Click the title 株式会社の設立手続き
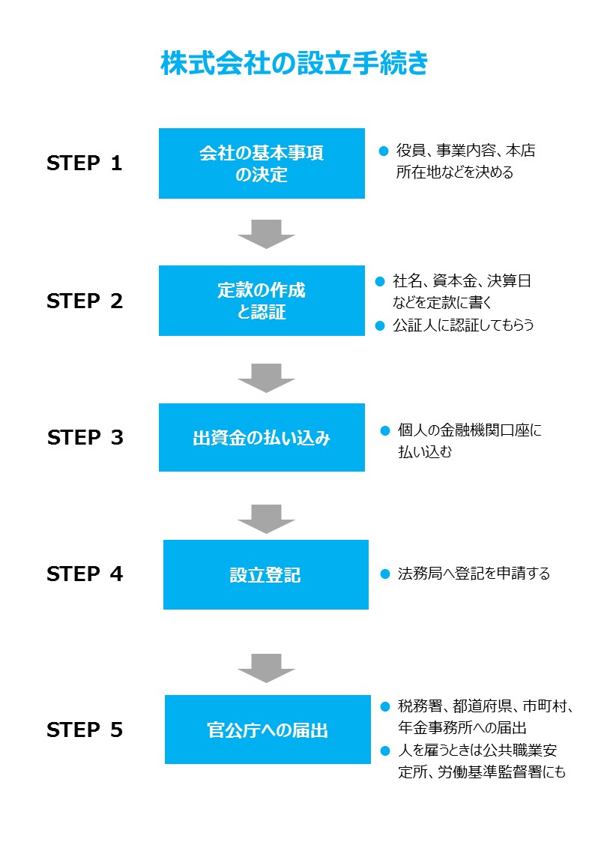tap(295, 64)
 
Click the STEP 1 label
tap(84, 163)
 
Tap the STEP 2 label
tap(84, 301)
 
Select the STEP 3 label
tap(85, 438)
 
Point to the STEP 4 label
tap(84, 574)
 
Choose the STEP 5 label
tap(84, 730)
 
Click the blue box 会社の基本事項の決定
tap(262, 163)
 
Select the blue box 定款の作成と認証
tap(262, 301)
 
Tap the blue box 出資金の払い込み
tap(262, 438)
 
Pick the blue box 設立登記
tap(265, 574)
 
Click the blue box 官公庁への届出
tap(268, 730)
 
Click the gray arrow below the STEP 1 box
tap(266, 233)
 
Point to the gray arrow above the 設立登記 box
tap(266, 519)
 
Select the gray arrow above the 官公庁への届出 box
tap(266, 667)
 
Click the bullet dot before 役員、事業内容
tap(384, 151)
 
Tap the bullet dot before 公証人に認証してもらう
tap(380, 325)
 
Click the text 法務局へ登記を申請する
tap(474, 574)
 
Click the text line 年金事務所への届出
tap(462, 727)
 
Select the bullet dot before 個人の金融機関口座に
tap(385, 430)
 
